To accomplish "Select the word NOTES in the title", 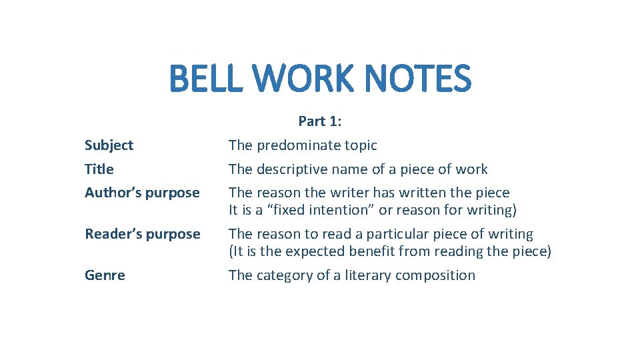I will coord(421,79).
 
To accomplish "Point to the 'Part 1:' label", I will coord(320,121).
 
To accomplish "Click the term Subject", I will coord(109,145).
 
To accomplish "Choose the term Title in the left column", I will coord(99,169).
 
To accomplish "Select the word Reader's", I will coord(111,234).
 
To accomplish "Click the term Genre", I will coord(105,275).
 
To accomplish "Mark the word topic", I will coord(361,145).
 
